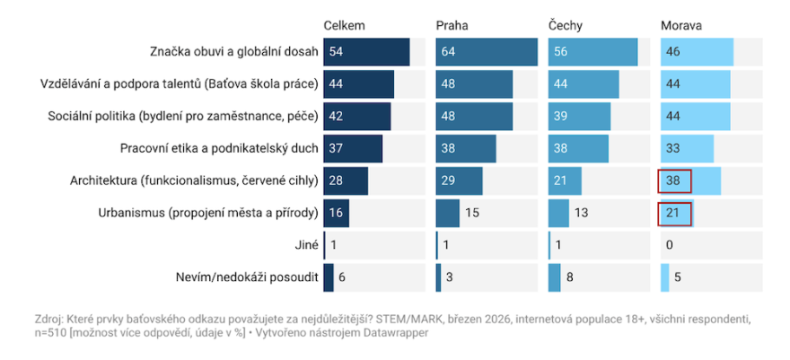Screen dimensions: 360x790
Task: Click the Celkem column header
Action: click(344, 25)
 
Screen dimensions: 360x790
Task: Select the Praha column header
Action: click(452, 25)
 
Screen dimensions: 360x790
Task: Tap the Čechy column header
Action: click(566, 25)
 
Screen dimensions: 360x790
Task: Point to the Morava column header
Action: click(680, 25)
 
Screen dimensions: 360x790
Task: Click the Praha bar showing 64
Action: click(487, 52)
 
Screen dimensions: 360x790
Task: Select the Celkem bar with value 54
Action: click(366, 52)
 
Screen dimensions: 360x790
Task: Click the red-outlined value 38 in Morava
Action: click(673, 181)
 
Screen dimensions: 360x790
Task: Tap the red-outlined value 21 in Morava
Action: click(673, 214)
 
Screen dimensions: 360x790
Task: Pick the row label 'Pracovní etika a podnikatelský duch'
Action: click(219, 149)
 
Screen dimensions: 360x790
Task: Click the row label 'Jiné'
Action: click(305, 246)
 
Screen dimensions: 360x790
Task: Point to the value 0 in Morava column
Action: click(670, 246)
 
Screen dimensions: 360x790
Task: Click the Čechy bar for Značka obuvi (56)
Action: click(592, 52)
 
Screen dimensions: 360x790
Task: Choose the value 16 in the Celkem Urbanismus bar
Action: click(337, 214)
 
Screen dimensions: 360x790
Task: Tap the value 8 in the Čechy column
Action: click(570, 278)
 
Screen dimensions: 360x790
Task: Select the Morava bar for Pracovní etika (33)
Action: click(687, 149)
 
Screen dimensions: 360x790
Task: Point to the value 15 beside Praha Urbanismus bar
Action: click(471, 214)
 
